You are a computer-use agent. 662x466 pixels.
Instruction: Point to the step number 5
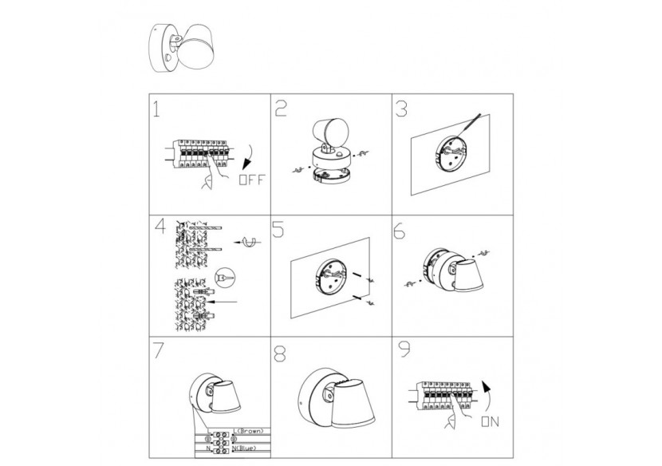[x=280, y=229]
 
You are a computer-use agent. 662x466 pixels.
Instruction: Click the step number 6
[x=401, y=229]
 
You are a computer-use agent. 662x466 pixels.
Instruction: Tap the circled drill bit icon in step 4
[x=223, y=277]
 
